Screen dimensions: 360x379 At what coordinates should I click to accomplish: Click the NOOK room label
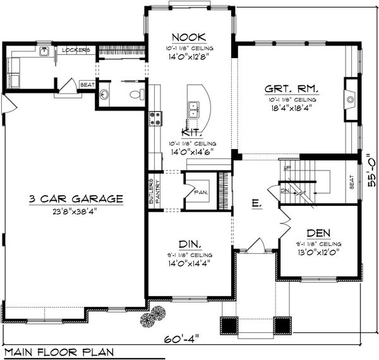click(190, 37)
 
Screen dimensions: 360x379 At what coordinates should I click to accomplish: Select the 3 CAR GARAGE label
click(75, 198)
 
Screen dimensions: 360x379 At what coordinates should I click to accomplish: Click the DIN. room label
click(190, 243)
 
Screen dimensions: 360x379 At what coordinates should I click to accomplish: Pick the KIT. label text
click(191, 133)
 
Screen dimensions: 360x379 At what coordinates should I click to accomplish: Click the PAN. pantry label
click(201, 191)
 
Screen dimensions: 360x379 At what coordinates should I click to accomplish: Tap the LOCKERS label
click(75, 49)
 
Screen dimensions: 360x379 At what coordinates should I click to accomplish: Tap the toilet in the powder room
click(135, 95)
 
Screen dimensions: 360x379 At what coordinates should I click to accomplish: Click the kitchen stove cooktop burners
click(153, 118)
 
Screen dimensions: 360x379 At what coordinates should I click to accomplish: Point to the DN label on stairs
click(284, 189)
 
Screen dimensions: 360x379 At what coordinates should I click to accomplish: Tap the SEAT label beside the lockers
click(87, 83)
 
